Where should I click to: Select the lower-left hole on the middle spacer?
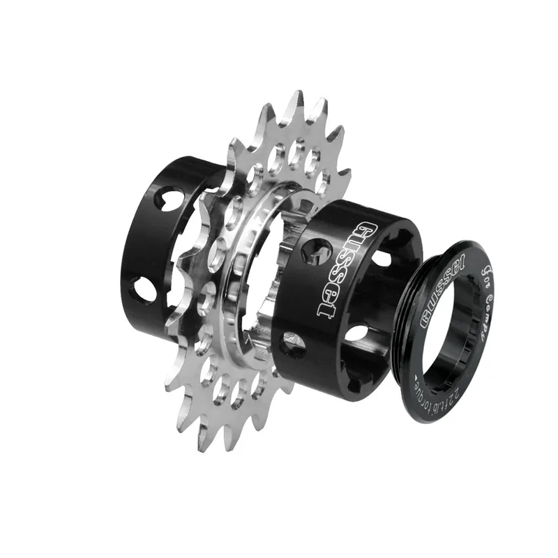(292, 344)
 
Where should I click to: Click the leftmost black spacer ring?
(150, 244)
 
